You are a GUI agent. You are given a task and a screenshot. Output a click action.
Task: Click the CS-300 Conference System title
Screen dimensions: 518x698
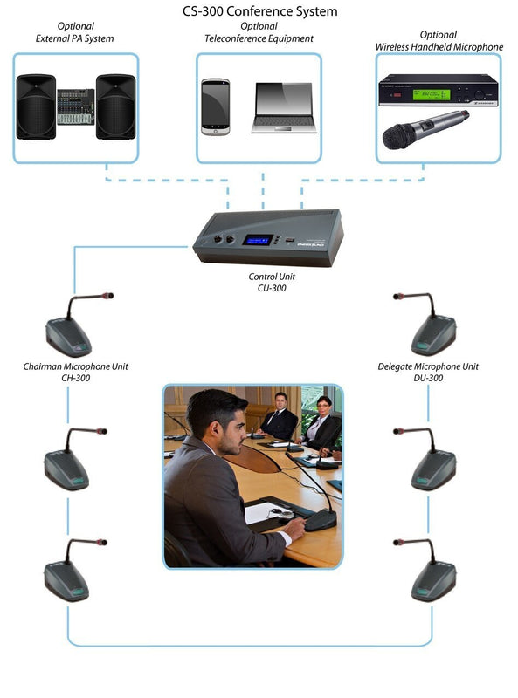(x=259, y=11)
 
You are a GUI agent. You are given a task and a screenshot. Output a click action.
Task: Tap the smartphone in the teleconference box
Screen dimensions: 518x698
(x=215, y=106)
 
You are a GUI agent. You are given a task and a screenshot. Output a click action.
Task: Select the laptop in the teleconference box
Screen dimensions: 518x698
(x=284, y=107)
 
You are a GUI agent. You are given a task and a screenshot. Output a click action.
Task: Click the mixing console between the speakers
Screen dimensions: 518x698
(x=76, y=106)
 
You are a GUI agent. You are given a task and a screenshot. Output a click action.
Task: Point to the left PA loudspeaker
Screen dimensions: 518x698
(x=36, y=106)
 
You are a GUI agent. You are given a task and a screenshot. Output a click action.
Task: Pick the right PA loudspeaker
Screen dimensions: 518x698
(x=116, y=106)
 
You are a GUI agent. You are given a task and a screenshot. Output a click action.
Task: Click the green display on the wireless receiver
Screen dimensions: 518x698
(x=431, y=94)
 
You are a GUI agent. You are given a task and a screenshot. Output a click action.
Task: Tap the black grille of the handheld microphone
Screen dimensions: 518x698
(x=398, y=136)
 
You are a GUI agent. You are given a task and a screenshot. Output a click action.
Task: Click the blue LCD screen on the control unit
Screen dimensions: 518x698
(x=258, y=240)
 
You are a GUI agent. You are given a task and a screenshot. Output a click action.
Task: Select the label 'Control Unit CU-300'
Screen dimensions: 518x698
(x=272, y=282)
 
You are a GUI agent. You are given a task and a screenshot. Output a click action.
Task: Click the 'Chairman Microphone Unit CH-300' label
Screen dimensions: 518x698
(x=75, y=373)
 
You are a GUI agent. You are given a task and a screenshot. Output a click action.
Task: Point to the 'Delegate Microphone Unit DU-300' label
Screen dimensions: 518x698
(x=428, y=373)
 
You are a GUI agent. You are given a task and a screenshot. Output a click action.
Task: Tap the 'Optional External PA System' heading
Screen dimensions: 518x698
(x=75, y=32)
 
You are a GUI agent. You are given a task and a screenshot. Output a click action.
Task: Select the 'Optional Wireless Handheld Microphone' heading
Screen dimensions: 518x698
(x=439, y=40)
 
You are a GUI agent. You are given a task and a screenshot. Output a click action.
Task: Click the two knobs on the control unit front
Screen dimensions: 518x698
(x=224, y=239)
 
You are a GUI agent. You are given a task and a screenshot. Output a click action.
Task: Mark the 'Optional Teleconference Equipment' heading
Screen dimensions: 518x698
(x=259, y=32)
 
